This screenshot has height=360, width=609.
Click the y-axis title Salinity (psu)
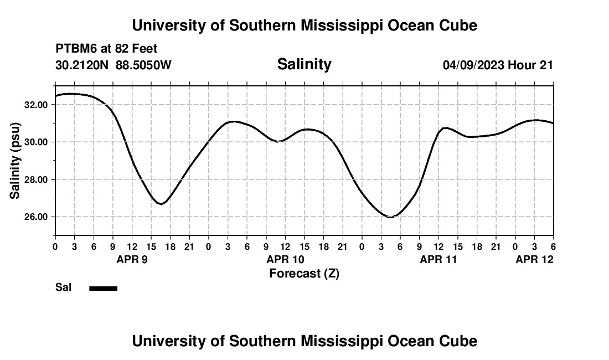[15, 161]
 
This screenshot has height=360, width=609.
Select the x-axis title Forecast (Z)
[304, 274]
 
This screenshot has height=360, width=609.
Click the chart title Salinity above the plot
[304, 64]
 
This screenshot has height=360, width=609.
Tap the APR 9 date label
[132, 259]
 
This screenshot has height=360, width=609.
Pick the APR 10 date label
[285, 259]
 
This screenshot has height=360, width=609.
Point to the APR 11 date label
[438, 259]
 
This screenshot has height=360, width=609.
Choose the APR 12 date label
[534, 259]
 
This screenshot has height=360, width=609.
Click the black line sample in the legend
[103, 288]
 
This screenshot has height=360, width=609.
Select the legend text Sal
[63, 287]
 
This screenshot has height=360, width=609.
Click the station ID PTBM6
[75, 49]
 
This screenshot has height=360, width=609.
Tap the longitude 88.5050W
[143, 65]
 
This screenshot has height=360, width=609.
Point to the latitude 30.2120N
[83, 65]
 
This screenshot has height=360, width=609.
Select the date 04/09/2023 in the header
[473, 65]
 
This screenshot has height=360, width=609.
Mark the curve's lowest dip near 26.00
[390, 217]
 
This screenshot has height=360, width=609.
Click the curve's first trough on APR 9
[160, 204]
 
